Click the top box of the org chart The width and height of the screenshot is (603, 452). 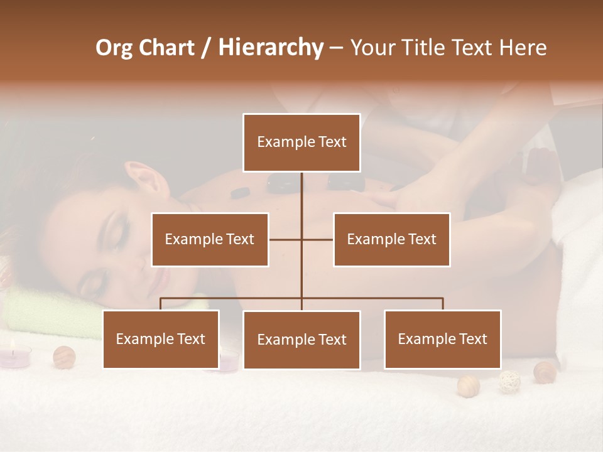pyautogui.click(x=301, y=143)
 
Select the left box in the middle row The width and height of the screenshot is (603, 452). pyautogui.click(x=210, y=240)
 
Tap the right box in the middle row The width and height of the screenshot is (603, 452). pyautogui.click(x=391, y=240)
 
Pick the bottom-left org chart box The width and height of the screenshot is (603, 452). pyautogui.click(x=161, y=340)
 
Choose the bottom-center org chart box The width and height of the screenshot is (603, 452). pyautogui.click(x=301, y=340)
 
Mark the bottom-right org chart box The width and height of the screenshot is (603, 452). pyautogui.click(x=442, y=340)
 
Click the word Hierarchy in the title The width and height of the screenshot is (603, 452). pyautogui.click(x=271, y=48)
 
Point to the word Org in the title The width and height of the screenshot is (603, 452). pyautogui.click(x=114, y=48)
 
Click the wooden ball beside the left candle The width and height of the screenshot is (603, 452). pyautogui.click(x=64, y=357)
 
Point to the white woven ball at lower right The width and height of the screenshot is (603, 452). pyautogui.click(x=509, y=380)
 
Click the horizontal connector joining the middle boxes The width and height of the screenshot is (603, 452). pyautogui.click(x=301, y=240)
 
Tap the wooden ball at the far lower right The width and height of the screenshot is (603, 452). pyautogui.click(x=544, y=372)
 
